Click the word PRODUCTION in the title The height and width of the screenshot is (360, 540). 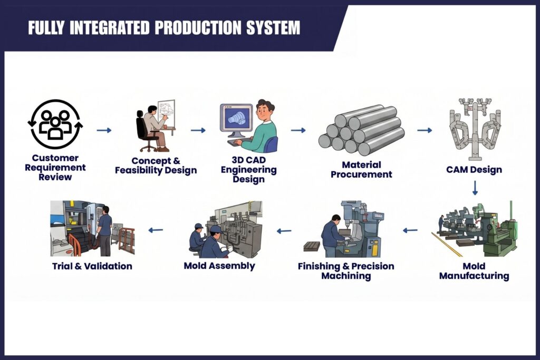pyautogui.click(x=198, y=27)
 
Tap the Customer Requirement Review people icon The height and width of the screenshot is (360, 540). pyautogui.click(x=55, y=124)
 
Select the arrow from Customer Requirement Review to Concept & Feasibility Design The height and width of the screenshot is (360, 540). pyautogui.click(x=104, y=130)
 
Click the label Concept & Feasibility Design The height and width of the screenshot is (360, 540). pyautogui.click(x=156, y=166)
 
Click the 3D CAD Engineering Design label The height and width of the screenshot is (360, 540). pyautogui.click(x=249, y=169)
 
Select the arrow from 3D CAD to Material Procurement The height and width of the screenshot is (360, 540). pyautogui.click(x=298, y=130)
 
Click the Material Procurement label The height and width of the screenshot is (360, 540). pyautogui.click(x=361, y=170)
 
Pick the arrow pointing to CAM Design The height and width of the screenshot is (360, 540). pyautogui.click(x=425, y=130)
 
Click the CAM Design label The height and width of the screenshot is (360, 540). pyautogui.click(x=474, y=170)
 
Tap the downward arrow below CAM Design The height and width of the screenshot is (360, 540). pyautogui.click(x=475, y=188)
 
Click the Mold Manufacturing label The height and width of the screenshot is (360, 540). pyautogui.click(x=474, y=271)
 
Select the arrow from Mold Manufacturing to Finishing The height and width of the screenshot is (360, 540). pyautogui.click(x=410, y=230)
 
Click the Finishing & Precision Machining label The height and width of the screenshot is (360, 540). pyautogui.click(x=346, y=271)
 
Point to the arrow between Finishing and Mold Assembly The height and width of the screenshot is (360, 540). pyautogui.click(x=284, y=231)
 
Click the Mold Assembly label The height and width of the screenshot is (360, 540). pyautogui.click(x=219, y=266)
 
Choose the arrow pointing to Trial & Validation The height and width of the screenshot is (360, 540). pyautogui.click(x=156, y=230)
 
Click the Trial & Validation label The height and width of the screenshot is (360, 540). pyautogui.click(x=92, y=266)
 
